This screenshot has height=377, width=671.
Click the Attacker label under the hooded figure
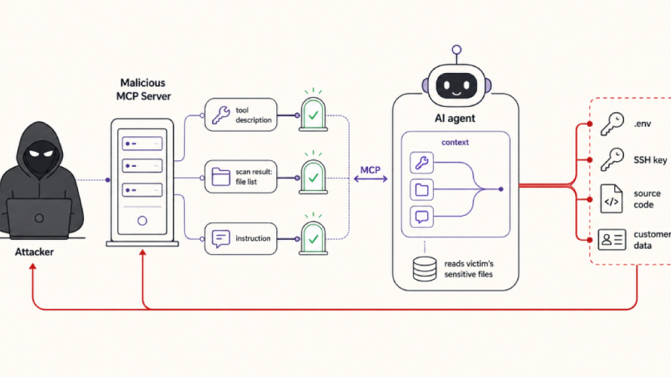tap(34, 252)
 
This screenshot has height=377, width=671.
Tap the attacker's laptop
tap(39, 218)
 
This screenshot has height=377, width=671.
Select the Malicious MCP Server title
tap(143, 89)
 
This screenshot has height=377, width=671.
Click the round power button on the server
tap(142, 221)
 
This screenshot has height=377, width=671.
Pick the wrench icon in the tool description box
tap(221, 115)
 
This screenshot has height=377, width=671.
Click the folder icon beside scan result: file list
tap(221, 176)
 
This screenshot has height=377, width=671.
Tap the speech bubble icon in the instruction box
tap(221, 239)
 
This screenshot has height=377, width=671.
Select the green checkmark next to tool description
tap(313, 115)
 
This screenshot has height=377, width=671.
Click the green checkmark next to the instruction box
tap(313, 239)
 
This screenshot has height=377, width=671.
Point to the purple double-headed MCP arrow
tap(370, 179)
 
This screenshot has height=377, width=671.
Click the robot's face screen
tap(456, 86)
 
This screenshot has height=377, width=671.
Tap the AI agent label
tap(455, 119)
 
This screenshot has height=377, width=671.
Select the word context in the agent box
tap(455, 142)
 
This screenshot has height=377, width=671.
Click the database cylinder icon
tap(424, 268)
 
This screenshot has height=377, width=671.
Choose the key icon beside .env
tap(612, 124)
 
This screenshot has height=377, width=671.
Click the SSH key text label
tap(650, 160)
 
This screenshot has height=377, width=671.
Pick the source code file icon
tap(611, 199)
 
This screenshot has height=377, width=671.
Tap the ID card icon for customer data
tap(612, 239)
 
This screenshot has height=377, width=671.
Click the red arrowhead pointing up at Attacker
tap(32, 267)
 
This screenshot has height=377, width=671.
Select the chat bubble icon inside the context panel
tap(421, 216)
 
